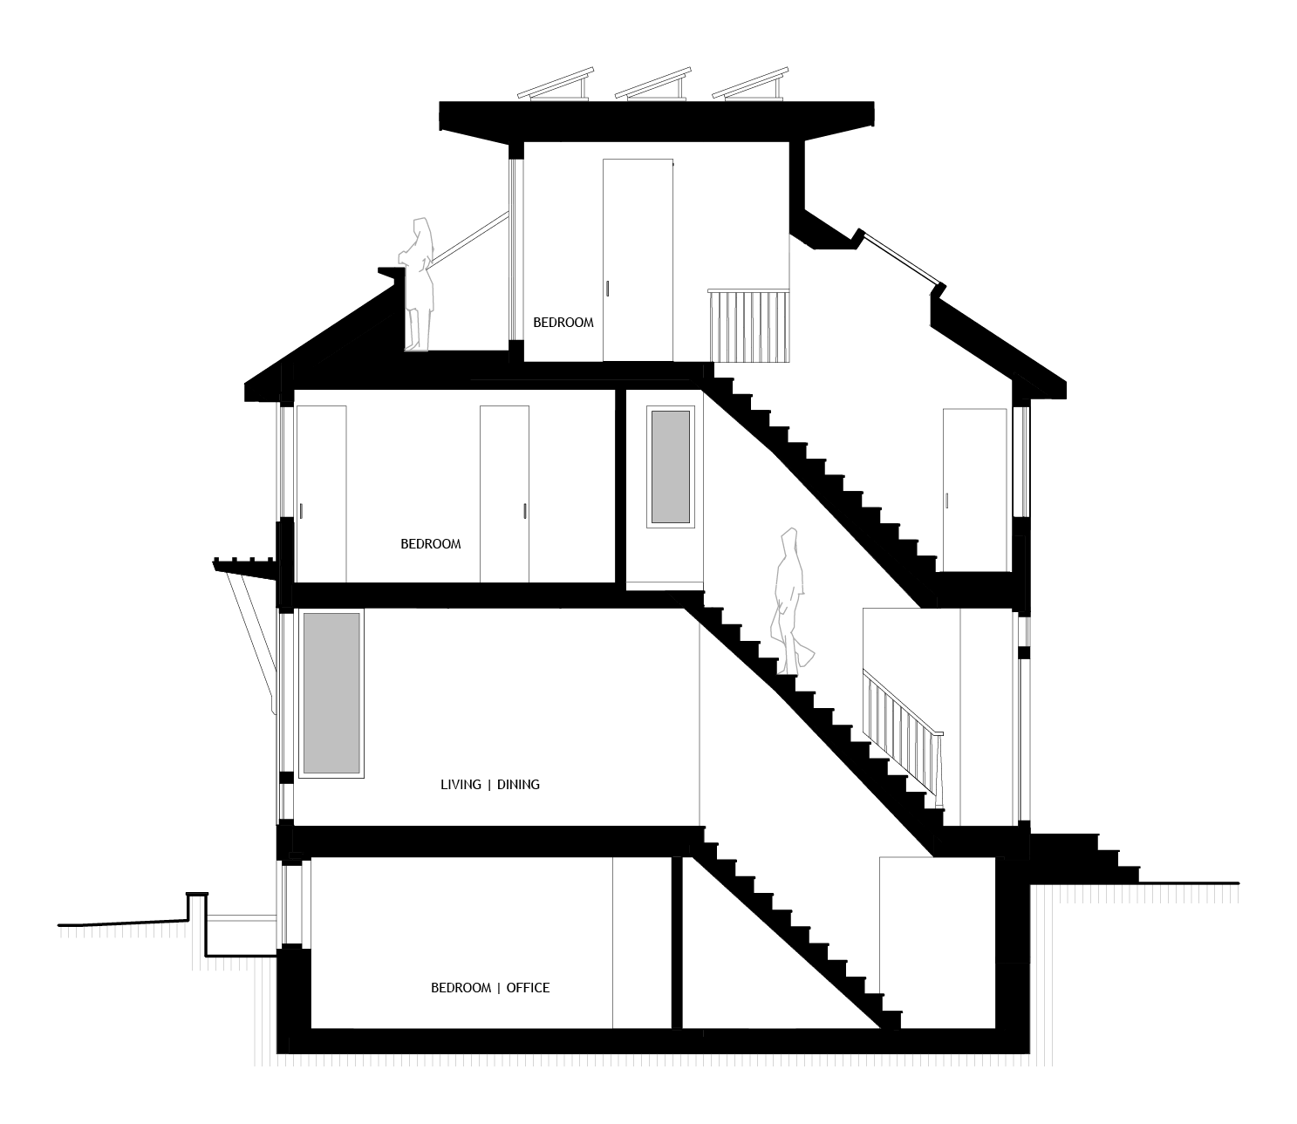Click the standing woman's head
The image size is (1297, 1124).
(x=422, y=230)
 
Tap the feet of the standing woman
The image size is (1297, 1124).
(x=416, y=347)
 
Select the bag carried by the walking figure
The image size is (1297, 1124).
(x=806, y=656)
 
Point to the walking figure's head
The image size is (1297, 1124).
(x=789, y=539)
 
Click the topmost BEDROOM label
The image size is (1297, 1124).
(x=559, y=319)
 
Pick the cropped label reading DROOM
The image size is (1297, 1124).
(x=437, y=541)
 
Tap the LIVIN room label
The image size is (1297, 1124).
(x=437, y=783)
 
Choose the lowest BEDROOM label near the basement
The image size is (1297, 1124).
(x=437, y=985)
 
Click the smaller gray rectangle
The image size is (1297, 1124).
(x=670, y=467)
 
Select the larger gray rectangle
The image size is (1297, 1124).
(x=331, y=692)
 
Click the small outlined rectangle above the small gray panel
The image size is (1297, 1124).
(x=751, y=387)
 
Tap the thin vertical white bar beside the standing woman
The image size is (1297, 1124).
(x=511, y=241)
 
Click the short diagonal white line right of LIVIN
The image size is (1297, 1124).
(x=918, y=783)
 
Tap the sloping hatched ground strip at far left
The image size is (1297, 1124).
(x=122, y=931)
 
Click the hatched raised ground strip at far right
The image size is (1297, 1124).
(x=1148, y=894)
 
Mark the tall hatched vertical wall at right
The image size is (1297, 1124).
(x=1044, y=972)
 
